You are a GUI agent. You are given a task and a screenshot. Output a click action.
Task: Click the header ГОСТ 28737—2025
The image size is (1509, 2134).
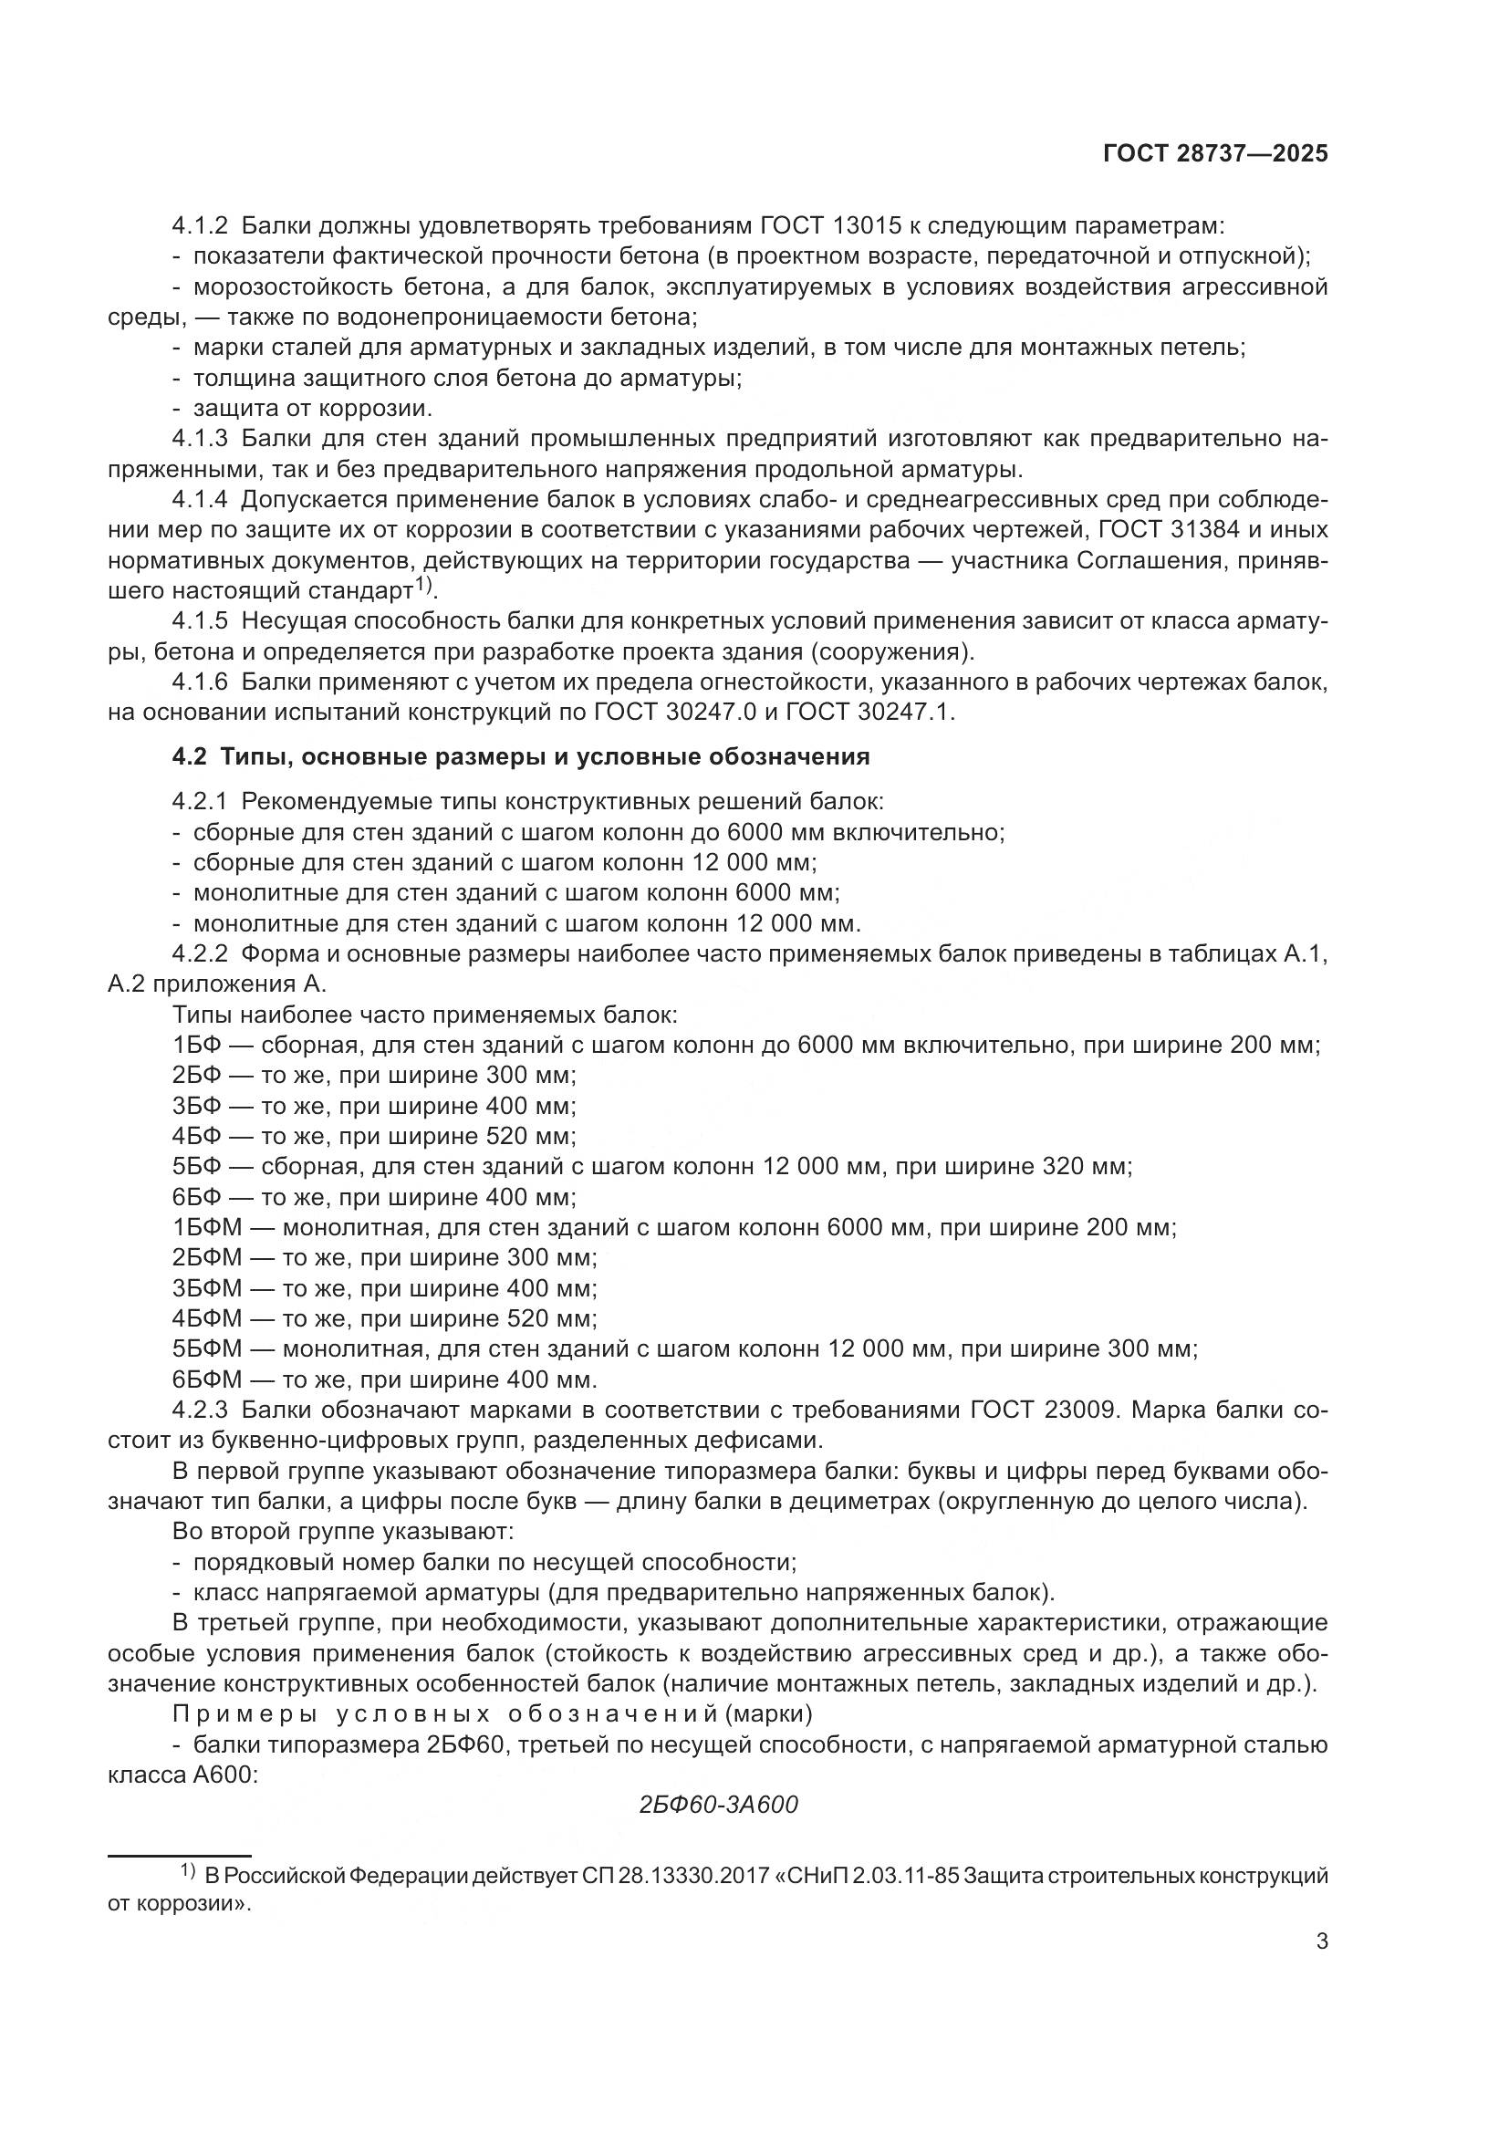click(1214, 154)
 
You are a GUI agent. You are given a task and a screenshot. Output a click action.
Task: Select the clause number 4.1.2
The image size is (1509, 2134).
click(200, 226)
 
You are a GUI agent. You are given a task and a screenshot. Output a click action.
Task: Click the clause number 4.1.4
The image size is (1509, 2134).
click(200, 500)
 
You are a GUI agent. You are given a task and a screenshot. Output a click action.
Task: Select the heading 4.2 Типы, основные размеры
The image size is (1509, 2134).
click(520, 757)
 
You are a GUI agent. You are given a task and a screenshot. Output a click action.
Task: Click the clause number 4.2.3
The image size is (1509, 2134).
click(200, 1410)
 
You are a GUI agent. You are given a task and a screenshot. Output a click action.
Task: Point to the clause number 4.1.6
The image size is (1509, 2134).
click(200, 682)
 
